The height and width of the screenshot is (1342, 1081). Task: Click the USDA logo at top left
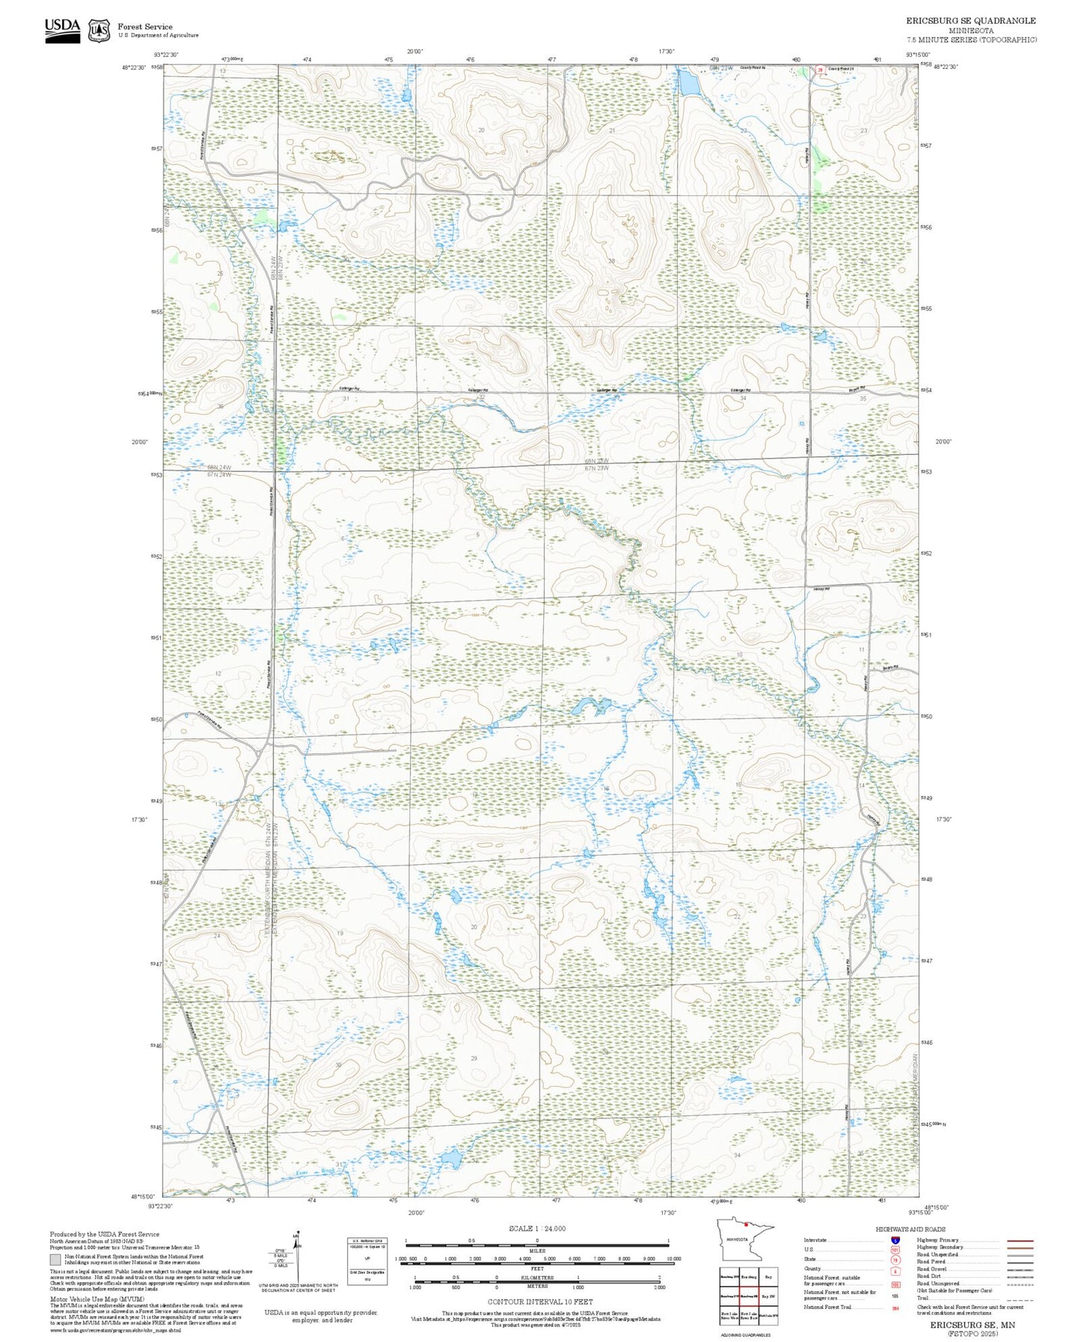62,29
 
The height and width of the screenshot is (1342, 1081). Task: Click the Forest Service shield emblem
99,31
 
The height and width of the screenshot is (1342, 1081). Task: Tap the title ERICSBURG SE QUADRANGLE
971,21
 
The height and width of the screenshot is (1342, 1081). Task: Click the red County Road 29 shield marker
819,70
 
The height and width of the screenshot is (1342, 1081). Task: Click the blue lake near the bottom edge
450,1159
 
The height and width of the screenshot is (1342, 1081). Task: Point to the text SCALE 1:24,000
537,1228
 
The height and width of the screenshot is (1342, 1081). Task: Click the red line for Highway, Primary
1020,1240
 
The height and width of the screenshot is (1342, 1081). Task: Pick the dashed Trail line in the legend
1020,1300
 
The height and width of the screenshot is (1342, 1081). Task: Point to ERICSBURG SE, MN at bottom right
972,1324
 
